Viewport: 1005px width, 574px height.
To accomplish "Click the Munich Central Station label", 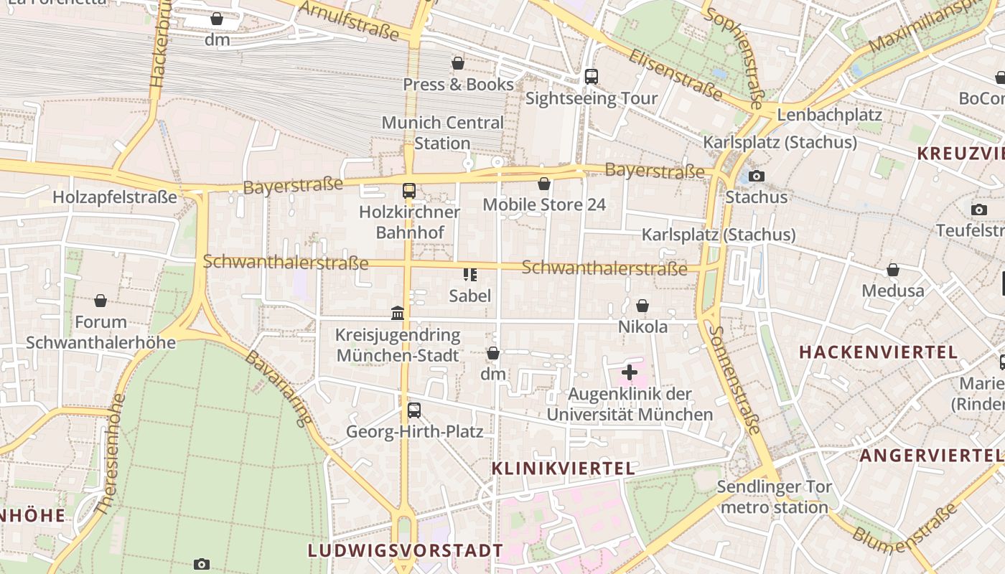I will pyautogui.click(x=442, y=133).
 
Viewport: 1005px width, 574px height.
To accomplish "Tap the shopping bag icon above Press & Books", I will pyautogui.click(x=458, y=63).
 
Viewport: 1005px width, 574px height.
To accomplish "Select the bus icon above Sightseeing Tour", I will pyautogui.click(x=591, y=76).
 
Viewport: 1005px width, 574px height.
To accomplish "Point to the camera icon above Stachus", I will pyautogui.click(x=756, y=176).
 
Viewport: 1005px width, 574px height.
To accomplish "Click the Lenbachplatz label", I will pyautogui.click(x=829, y=115).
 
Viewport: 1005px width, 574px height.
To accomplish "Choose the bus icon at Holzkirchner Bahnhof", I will pyautogui.click(x=408, y=191).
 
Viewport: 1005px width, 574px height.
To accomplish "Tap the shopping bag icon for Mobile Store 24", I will pyautogui.click(x=544, y=184).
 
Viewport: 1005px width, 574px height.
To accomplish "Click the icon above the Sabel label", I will pyautogui.click(x=470, y=274).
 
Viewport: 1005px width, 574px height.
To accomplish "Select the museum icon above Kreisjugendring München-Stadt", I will pyautogui.click(x=398, y=313).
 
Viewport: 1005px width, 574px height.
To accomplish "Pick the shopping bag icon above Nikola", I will pyautogui.click(x=642, y=306).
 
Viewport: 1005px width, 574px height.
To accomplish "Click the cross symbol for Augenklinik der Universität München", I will pyautogui.click(x=630, y=372).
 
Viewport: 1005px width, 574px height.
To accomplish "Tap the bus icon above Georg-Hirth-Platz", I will pyautogui.click(x=414, y=410).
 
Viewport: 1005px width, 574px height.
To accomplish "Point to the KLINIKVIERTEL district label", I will pyautogui.click(x=564, y=469).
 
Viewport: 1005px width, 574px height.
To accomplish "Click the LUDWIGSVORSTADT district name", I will pyautogui.click(x=406, y=550).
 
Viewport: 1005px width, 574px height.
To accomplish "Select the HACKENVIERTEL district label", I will pyautogui.click(x=878, y=352).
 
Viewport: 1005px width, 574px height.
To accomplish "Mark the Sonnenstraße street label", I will pyautogui.click(x=734, y=380).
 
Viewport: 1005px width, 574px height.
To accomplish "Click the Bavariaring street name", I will pyautogui.click(x=279, y=387).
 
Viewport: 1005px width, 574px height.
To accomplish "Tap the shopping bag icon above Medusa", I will pyautogui.click(x=893, y=270).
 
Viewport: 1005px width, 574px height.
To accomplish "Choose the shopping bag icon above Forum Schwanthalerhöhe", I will pyautogui.click(x=100, y=301).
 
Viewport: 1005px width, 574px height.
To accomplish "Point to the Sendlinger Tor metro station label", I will pyautogui.click(x=774, y=497).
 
